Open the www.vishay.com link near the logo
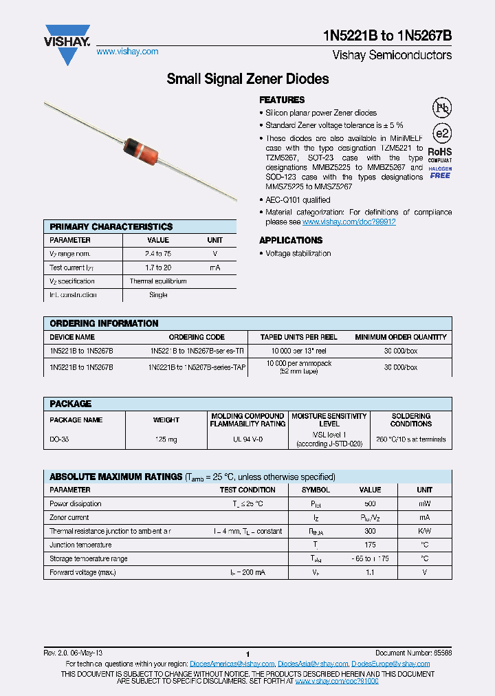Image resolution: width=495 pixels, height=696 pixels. click(127, 52)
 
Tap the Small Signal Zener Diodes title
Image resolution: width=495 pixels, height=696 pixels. click(247, 79)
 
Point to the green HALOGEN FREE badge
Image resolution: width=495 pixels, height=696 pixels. click(440, 173)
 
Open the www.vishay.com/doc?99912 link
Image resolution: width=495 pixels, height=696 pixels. click(349, 222)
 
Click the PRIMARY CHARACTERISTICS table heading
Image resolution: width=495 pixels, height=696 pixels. click(111, 226)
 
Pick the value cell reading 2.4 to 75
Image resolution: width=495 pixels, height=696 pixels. click(158, 254)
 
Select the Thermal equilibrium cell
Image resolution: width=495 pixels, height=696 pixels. click(158, 281)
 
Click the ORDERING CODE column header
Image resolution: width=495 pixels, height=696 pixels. click(197, 337)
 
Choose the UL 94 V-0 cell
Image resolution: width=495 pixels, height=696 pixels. click(247, 439)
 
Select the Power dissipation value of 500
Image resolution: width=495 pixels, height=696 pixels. click(370, 503)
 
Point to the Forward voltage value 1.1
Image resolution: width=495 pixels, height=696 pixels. click(370, 572)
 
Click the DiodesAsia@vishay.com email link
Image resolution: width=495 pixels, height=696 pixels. click(313, 664)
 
